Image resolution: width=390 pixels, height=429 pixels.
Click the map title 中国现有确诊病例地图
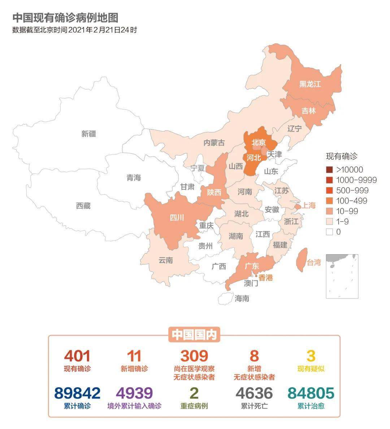[65, 18]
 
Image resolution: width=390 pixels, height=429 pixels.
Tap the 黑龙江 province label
[310, 84]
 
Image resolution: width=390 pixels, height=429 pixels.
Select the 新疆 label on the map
[88, 134]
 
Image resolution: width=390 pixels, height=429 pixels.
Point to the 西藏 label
[83, 206]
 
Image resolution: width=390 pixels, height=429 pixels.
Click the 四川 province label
[177, 217]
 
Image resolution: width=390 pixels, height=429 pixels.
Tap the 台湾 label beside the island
[313, 262]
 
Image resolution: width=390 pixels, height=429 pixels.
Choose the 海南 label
[242, 298]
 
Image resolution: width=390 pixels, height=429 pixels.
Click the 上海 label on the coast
[309, 205]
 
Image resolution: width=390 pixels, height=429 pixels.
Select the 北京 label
[259, 142]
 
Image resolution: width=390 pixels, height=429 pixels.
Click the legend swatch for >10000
[329, 170]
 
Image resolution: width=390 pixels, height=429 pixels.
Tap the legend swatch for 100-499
[329, 201]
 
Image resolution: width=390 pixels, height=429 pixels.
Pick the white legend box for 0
[329, 232]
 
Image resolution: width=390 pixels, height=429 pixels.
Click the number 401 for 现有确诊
[77, 356]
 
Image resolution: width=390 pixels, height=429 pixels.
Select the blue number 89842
[77, 393]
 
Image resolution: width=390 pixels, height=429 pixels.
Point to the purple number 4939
[134, 393]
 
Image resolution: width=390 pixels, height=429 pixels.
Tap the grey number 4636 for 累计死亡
[254, 393]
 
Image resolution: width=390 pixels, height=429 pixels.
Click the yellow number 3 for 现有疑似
[311, 356]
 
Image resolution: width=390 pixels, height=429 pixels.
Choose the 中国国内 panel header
[194, 335]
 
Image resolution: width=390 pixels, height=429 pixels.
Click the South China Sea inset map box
[342, 276]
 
